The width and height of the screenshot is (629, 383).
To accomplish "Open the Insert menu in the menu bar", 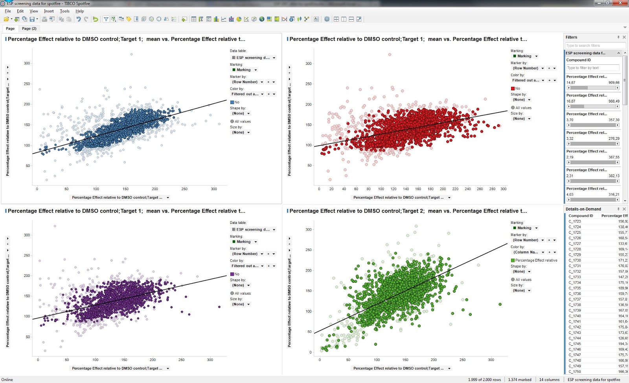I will tap(49, 11).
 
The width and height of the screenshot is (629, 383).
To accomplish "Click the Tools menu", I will tap(64, 11).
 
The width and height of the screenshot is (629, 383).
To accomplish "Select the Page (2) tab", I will tap(29, 28).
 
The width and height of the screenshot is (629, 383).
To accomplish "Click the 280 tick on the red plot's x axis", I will tap(492, 189).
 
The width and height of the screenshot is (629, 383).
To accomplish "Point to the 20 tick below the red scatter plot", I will tap(331, 189).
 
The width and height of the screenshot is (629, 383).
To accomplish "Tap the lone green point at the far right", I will tap(500, 304).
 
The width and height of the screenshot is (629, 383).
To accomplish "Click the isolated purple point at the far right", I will tap(219, 307).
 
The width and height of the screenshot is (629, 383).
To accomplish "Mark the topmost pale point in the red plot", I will tap(390, 55).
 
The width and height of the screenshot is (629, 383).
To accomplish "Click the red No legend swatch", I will tap(513, 88).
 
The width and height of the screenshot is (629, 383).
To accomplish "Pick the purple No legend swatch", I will tap(232, 274).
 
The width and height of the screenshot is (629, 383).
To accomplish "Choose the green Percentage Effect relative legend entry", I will tap(536, 260).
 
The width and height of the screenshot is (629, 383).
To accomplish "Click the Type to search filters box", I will tap(595, 46).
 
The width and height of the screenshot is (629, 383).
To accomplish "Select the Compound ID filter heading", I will tap(578, 60).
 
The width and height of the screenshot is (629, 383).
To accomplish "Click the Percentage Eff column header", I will tap(614, 216).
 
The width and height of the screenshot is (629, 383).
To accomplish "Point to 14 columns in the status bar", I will tap(549, 379).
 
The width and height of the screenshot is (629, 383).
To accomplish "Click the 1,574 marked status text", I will tap(519, 379).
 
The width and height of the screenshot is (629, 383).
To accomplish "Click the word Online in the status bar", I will tap(7, 379).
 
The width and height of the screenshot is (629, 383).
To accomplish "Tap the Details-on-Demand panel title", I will tap(583, 209).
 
